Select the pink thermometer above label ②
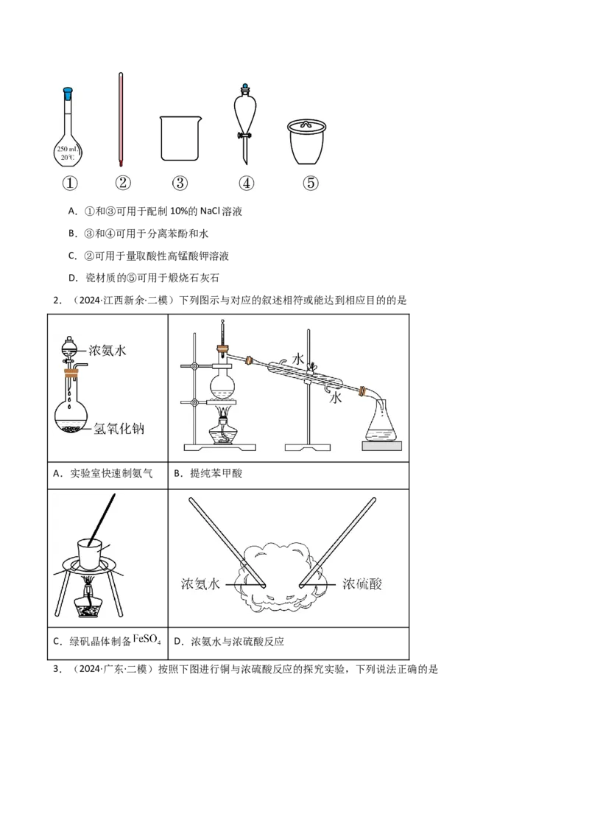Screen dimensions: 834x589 pyautogui.click(x=122, y=118)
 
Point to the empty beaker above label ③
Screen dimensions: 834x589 pyautogui.click(x=180, y=139)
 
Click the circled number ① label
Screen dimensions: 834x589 pyautogui.click(x=70, y=183)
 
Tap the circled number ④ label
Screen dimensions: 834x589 pyautogui.click(x=246, y=183)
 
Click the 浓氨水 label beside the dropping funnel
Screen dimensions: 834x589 pyautogui.click(x=107, y=351)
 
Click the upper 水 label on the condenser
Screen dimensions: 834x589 pyautogui.click(x=298, y=359)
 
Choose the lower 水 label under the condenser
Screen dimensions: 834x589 pyautogui.click(x=335, y=398)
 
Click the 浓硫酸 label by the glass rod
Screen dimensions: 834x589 pyautogui.click(x=362, y=584)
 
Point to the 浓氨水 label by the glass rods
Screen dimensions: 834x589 pyautogui.click(x=200, y=584)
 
